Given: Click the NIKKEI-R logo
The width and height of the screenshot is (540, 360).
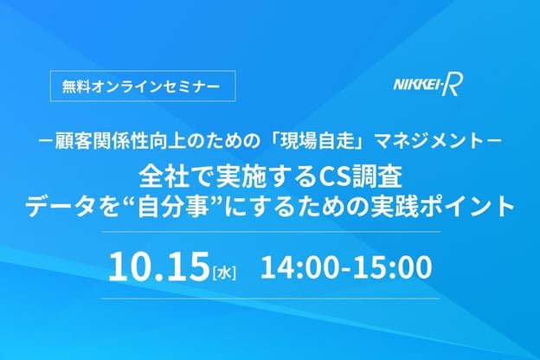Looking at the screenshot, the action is pos(428,86).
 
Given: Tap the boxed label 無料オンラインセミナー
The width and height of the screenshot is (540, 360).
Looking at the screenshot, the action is pos(143,86).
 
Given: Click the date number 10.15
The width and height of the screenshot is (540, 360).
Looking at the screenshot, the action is pos(159,267).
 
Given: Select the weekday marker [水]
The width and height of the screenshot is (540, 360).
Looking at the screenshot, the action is pos(224,273).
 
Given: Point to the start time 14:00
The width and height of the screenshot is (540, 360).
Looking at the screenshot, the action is pos(302,267).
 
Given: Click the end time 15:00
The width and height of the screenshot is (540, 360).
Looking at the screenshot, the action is pos(391,267).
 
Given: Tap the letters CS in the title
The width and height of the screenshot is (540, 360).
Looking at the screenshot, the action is pos(332,177).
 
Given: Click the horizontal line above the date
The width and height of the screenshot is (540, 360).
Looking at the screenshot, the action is pos(270,232).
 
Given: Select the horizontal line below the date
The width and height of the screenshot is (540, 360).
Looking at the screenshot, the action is pos(270,299).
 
